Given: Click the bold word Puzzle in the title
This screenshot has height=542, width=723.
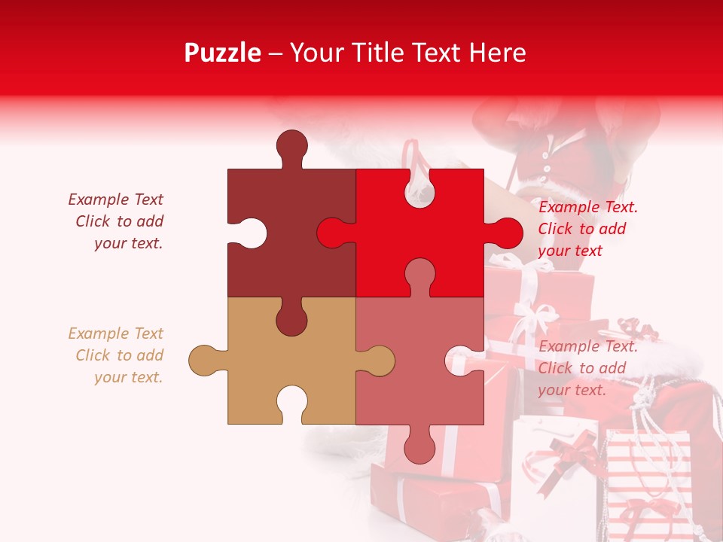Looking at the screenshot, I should coord(223,53).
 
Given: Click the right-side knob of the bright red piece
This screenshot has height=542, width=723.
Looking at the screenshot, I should coord(505,233).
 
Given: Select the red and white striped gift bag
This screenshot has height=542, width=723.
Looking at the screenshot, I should coord(648,482).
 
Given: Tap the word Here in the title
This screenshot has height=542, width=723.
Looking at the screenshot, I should coord(498,53).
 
